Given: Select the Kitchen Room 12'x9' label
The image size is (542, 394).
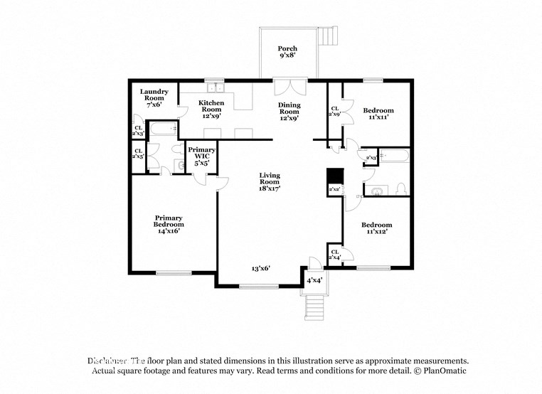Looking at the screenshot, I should (x=211, y=111).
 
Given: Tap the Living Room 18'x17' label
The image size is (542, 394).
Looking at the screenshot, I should (x=270, y=182).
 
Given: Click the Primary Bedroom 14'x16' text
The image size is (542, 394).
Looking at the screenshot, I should (x=169, y=224).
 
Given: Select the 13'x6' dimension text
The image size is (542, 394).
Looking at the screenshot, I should (x=260, y=269).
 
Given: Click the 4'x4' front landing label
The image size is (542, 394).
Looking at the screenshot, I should (x=314, y=280).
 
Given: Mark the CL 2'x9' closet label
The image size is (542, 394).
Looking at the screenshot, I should (x=334, y=111).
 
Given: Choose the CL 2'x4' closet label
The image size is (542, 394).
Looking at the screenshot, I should (x=334, y=254).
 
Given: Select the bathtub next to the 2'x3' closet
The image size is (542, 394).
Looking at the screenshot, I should (x=395, y=156).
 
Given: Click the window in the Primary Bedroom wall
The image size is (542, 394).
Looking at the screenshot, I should (x=174, y=272).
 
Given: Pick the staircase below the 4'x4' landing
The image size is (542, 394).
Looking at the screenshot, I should (x=314, y=307).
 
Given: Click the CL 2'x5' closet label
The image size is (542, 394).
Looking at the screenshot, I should (x=138, y=153).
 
